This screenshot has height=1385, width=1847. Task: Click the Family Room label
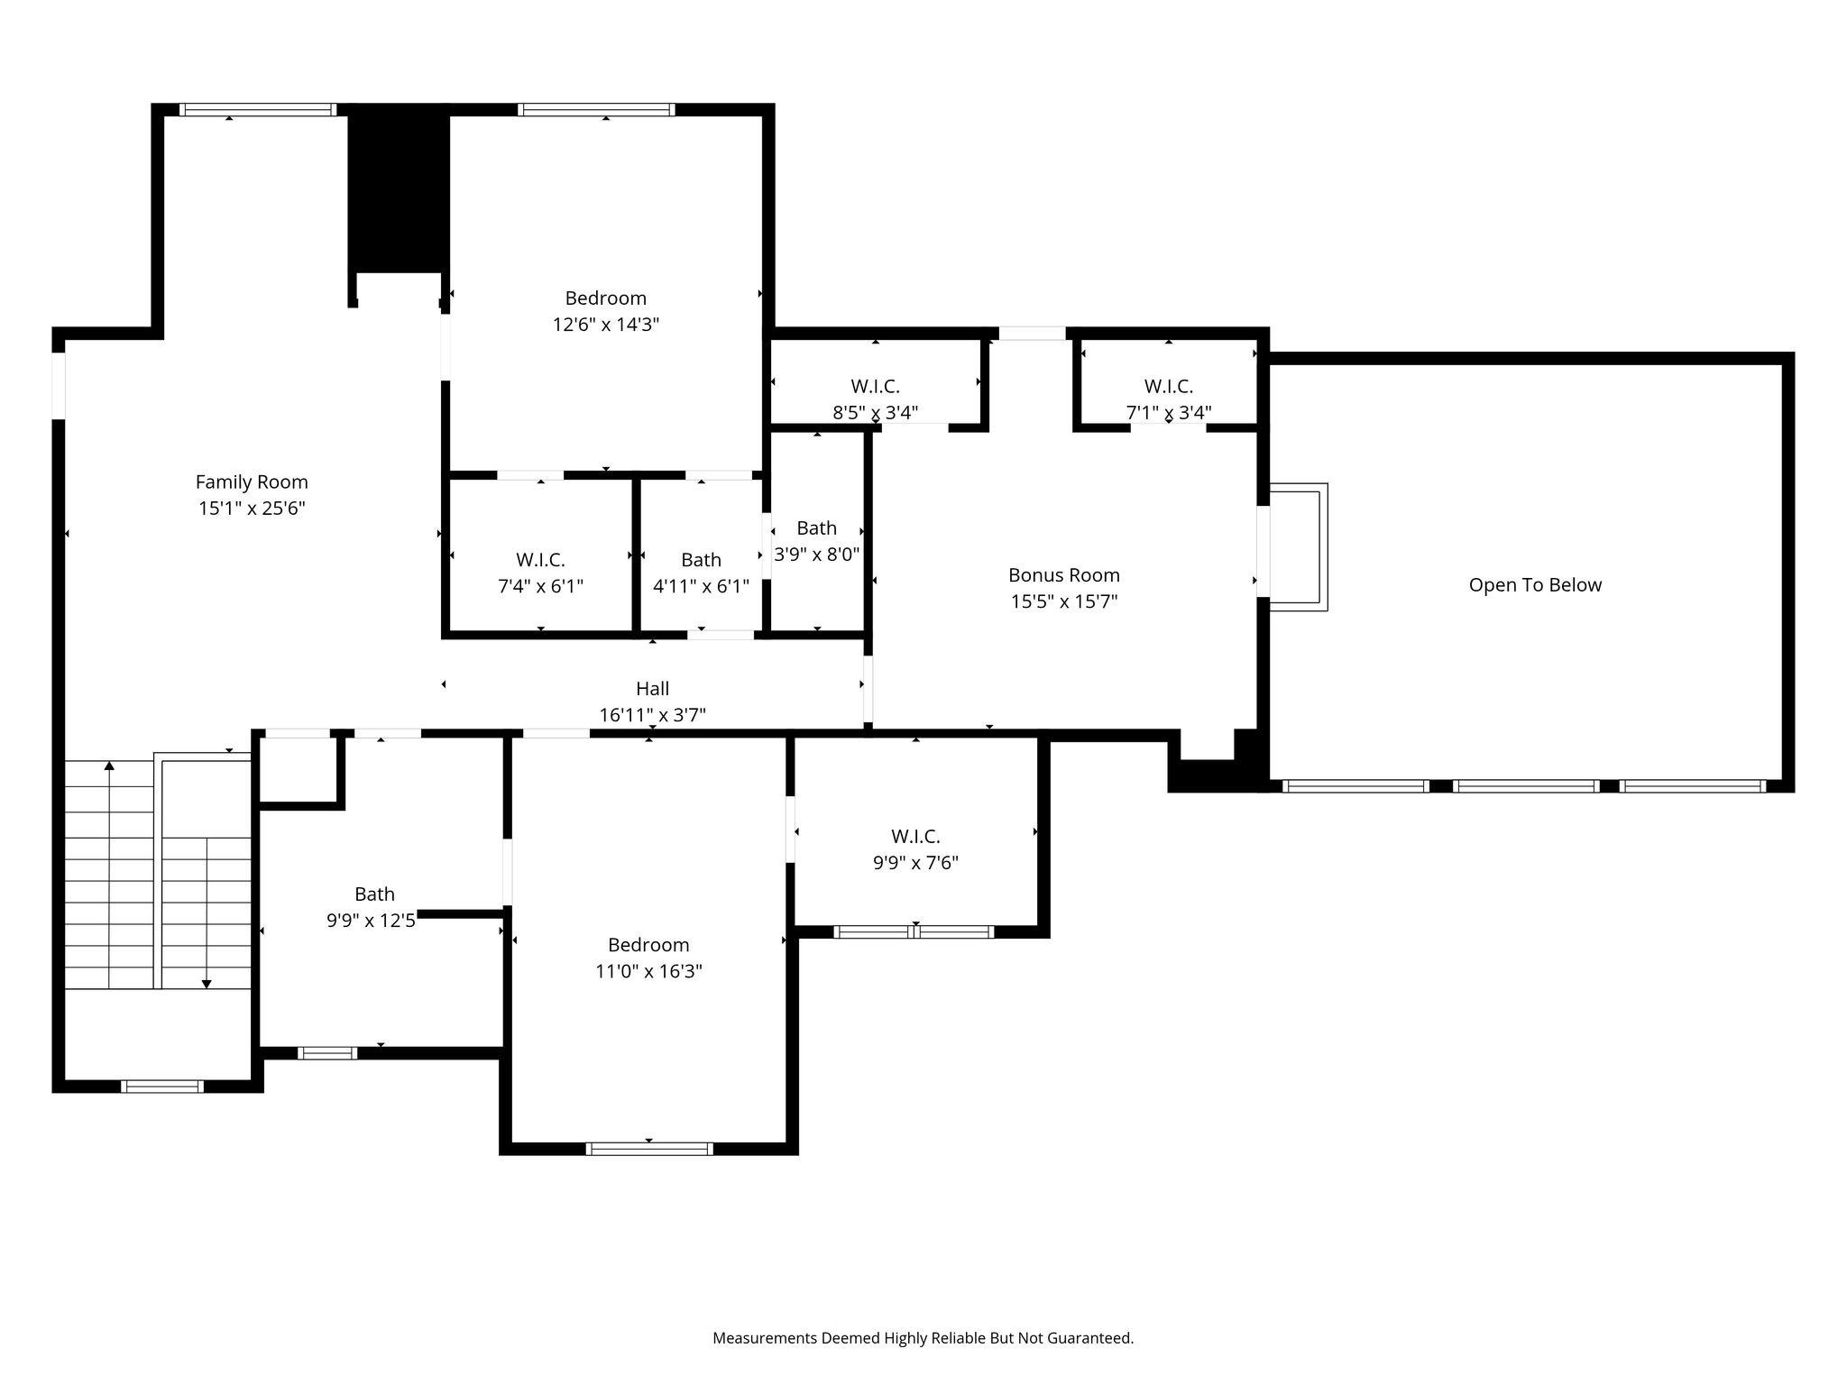[252, 482]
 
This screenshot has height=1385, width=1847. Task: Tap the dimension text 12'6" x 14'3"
[606, 325]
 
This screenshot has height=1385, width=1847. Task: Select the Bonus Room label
[1064, 575]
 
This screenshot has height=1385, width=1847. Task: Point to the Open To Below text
[1535, 585]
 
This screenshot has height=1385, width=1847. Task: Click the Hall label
[653, 689]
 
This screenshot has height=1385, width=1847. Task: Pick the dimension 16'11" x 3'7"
[653, 715]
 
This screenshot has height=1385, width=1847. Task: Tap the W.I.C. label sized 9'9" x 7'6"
[915, 837]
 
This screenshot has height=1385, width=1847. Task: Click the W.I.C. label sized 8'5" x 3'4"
[875, 387]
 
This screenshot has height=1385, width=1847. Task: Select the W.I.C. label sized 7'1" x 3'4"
[1169, 387]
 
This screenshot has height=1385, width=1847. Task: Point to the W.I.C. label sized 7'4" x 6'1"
[540, 560]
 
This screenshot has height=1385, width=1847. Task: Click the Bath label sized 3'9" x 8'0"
[817, 528]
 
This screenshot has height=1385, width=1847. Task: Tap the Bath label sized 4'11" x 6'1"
[702, 560]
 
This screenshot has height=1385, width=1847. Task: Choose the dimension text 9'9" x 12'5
[371, 921]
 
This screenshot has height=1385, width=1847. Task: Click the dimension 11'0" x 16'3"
[648, 971]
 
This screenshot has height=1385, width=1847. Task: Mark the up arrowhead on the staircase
[109, 766]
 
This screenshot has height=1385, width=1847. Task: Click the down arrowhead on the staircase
[207, 984]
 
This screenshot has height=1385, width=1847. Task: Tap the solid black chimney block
[399, 188]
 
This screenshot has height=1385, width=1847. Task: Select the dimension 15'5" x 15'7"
[1064, 601]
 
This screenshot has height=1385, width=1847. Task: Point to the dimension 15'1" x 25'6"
[252, 509]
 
